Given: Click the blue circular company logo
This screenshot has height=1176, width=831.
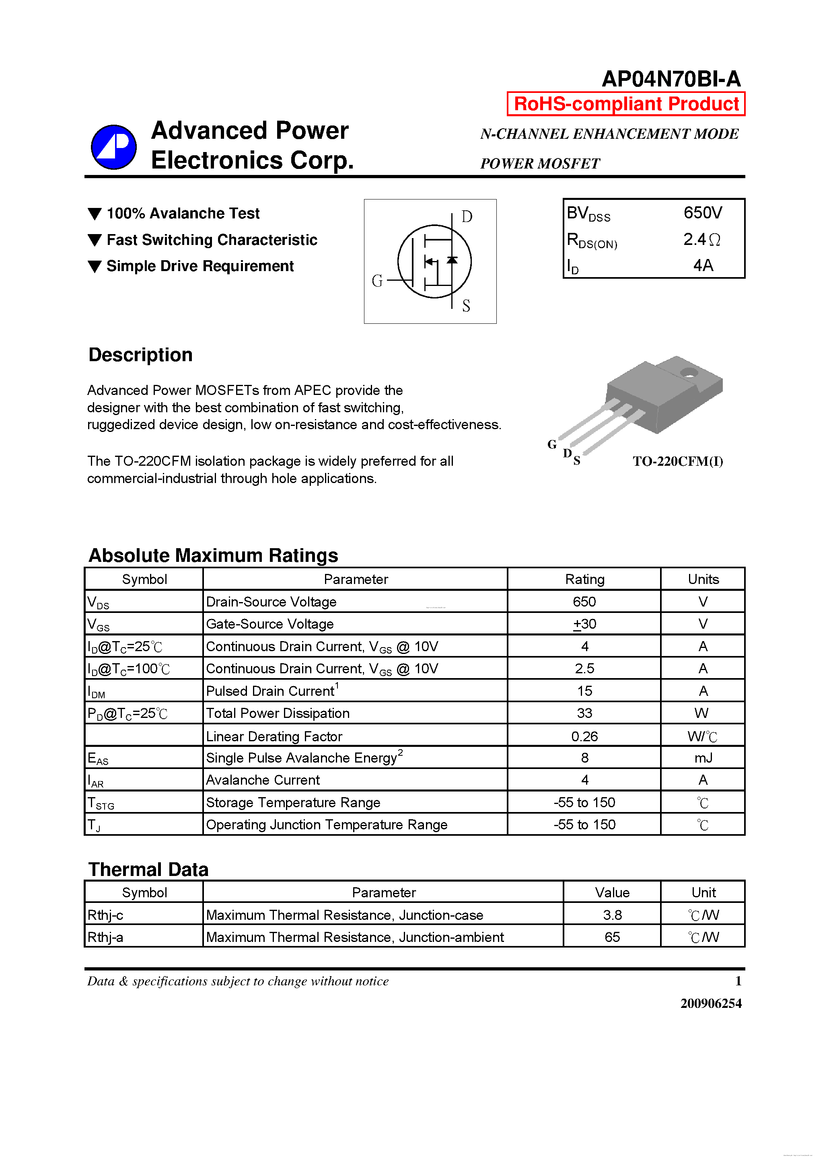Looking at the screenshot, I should pyautogui.click(x=114, y=147).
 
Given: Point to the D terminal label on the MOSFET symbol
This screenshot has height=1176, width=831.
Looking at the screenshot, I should pyautogui.click(x=467, y=217).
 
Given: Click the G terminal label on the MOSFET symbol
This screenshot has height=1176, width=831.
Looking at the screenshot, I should pyautogui.click(x=377, y=281).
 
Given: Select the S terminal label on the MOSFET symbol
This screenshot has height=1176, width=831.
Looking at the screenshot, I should pyautogui.click(x=466, y=306).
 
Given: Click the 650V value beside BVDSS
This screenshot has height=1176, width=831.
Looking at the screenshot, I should pyautogui.click(x=702, y=213).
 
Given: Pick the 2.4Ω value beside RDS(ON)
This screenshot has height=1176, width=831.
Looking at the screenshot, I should pyautogui.click(x=701, y=239).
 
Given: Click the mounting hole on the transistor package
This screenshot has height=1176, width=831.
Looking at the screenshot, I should pyautogui.click(x=689, y=372).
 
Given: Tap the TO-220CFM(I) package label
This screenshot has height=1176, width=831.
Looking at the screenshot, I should pyautogui.click(x=677, y=461).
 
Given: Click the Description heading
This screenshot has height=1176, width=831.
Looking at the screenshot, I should pyautogui.click(x=140, y=354).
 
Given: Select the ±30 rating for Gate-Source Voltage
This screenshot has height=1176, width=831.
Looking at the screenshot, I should pyautogui.click(x=584, y=624).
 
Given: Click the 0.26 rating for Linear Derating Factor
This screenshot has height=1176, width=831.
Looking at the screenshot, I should pyautogui.click(x=584, y=736).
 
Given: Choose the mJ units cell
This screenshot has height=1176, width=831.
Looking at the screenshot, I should pyautogui.click(x=703, y=758).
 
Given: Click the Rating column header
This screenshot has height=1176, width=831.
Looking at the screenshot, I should pyautogui.click(x=584, y=579).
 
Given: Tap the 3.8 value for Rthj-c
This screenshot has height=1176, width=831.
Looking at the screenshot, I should pyautogui.click(x=612, y=915).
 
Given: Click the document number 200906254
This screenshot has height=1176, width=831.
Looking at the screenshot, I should pyautogui.click(x=711, y=1003).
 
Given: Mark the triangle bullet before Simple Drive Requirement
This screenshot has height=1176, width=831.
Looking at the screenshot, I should pyautogui.click(x=95, y=266).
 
